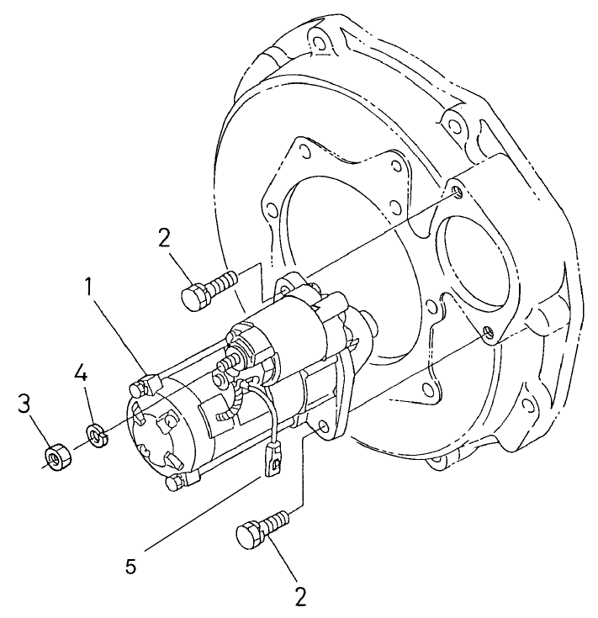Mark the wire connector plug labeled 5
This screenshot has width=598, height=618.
pyautogui.click(x=273, y=462)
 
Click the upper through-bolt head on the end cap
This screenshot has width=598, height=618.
pyautogui.click(x=143, y=388)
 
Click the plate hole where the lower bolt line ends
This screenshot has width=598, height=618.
pyautogui.click(x=487, y=334)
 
